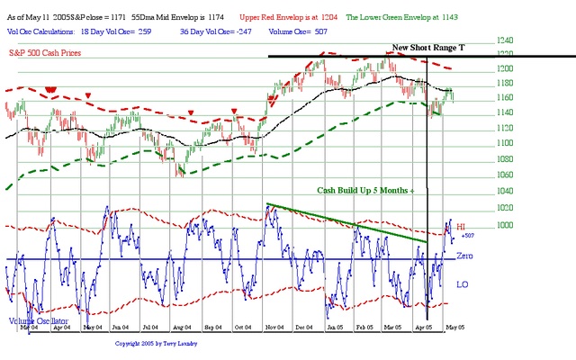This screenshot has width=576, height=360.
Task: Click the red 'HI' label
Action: [461, 228]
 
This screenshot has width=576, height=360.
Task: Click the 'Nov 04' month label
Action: [275, 328]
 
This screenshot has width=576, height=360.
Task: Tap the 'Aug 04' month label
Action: [179, 328]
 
